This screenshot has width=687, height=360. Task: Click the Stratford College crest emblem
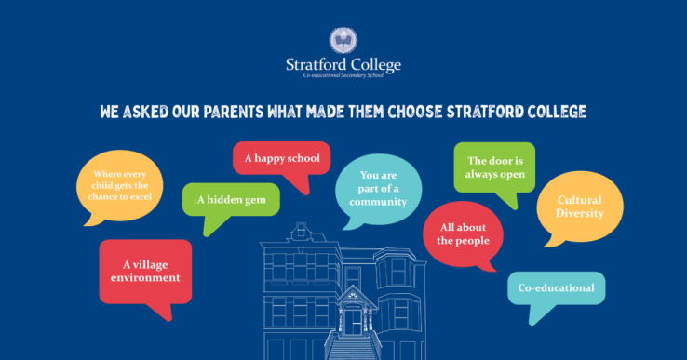tap(343, 41)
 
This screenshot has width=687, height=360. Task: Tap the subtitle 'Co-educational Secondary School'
tap(343, 75)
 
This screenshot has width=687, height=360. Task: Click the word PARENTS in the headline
tap(233, 112)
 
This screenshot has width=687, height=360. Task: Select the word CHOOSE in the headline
tap(415, 112)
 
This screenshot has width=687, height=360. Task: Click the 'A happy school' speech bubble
tap(282, 158)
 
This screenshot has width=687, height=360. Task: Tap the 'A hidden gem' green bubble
tap(231, 200)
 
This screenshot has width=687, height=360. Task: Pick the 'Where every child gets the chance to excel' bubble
tap(119, 186)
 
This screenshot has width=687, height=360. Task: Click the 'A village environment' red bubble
tap(145, 272)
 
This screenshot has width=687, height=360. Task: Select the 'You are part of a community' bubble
tap(379, 189)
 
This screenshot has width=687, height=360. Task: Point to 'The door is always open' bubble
tap(494, 167)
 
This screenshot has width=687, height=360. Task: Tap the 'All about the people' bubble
tap(463, 233)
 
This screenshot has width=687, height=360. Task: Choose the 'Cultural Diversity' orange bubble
tap(580, 207)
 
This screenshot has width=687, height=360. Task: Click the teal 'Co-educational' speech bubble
tap(557, 288)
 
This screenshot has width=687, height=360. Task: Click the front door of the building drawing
tap(353, 323)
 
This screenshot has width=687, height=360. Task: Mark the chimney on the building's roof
tap(301, 229)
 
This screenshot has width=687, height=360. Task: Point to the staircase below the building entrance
tap(352, 347)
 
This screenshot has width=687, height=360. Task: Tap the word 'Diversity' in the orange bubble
tap(580, 213)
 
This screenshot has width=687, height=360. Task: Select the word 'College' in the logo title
tap(376, 65)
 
